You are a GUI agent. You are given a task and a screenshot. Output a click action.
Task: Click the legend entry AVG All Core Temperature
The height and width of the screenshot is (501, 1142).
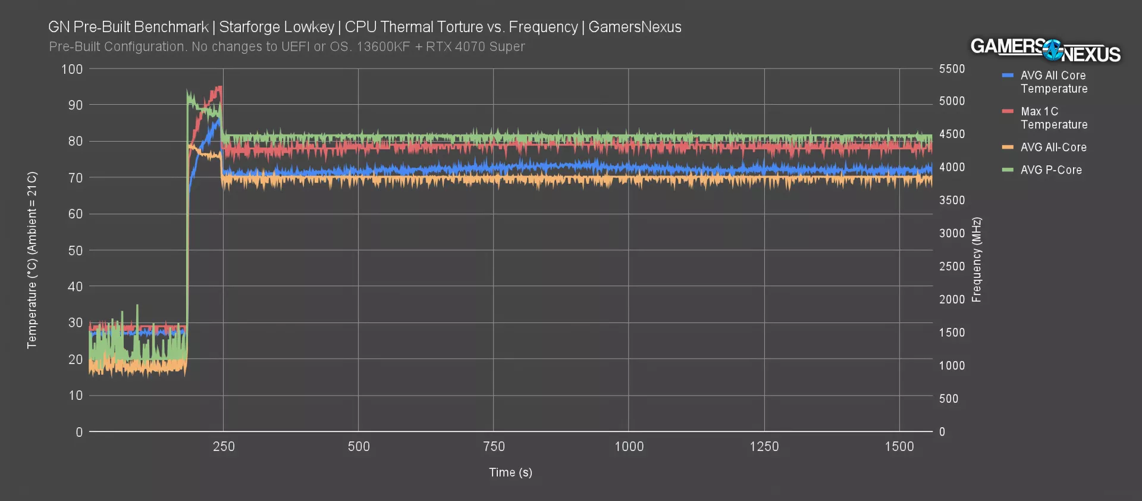click(1053, 82)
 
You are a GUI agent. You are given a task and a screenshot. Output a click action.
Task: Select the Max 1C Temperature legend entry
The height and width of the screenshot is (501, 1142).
click(1053, 118)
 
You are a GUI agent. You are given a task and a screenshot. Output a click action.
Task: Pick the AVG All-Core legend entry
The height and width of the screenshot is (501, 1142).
click(1053, 147)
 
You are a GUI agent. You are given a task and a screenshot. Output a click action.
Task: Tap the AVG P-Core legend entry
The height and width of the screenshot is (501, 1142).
click(1050, 170)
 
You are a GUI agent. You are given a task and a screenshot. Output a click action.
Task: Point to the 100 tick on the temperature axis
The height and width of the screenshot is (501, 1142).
click(72, 70)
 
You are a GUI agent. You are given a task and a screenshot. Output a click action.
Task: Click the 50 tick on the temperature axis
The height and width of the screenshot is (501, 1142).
click(75, 250)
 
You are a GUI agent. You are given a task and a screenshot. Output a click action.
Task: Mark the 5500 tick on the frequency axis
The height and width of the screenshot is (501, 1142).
click(952, 69)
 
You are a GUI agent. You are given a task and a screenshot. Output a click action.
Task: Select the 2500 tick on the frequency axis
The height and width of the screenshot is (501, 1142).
click(952, 267)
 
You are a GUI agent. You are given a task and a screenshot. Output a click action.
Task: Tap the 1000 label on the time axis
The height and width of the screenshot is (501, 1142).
click(629, 447)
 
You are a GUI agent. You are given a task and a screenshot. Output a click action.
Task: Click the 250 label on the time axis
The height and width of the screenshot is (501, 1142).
click(224, 447)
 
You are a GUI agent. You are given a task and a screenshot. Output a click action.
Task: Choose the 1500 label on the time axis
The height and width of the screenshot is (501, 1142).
click(899, 447)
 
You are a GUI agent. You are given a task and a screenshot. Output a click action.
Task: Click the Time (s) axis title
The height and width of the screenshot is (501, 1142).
click(510, 472)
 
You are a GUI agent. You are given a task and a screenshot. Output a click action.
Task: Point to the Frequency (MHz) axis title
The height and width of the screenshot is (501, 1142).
click(977, 259)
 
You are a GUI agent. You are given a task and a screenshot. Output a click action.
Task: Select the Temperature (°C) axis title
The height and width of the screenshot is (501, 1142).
click(32, 259)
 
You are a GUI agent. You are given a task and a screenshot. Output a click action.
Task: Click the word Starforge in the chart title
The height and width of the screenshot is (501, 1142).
click(247, 27)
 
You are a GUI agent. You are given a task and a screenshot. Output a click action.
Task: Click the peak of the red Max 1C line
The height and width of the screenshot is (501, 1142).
click(219, 87)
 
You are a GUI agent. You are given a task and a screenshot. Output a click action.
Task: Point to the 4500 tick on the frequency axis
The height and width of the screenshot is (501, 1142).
click(952, 134)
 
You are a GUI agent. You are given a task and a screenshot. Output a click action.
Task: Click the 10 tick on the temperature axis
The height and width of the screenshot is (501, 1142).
click(76, 396)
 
